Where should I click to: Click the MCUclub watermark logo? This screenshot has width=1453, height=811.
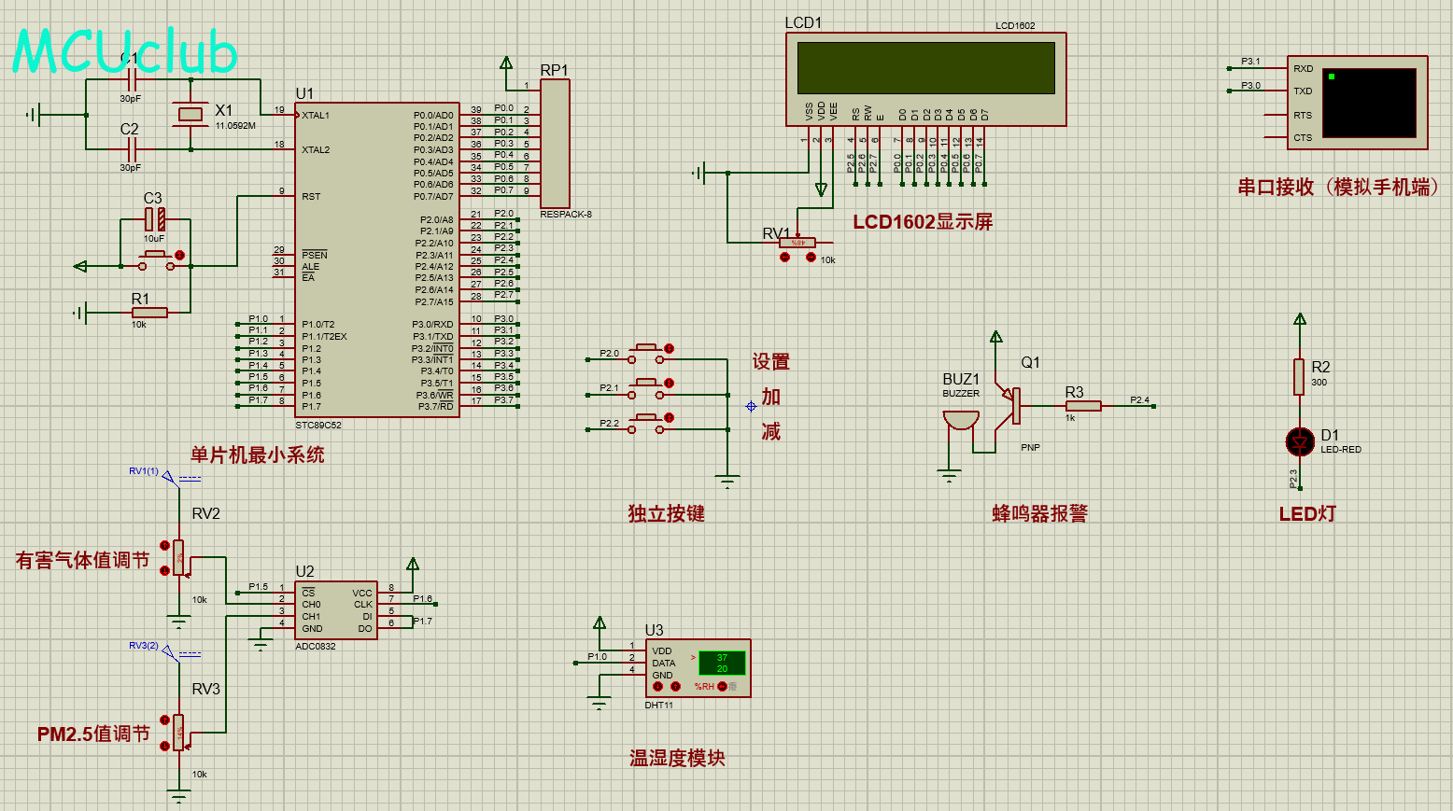click(x=124, y=52)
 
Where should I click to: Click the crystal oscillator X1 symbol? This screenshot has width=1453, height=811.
click(x=190, y=115)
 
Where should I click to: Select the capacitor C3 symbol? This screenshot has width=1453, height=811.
click(x=155, y=220)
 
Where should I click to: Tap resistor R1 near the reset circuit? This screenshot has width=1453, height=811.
click(x=149, y=313)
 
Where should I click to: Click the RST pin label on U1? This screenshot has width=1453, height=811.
click(x=311, y=197)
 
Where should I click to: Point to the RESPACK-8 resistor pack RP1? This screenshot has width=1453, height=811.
click(x=555, y=144)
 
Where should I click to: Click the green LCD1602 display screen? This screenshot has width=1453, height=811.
click(x=925, y=67)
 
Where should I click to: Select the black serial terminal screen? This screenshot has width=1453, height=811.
click(x=1369, y=103)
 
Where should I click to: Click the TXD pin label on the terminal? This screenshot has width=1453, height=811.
click(x=1303, y=91)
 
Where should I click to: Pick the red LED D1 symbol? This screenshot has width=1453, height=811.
click(x=1300, y=441)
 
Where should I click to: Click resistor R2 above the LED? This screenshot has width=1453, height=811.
click(x=1299, y=376)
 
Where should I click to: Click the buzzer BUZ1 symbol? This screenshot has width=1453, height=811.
click(x=960, y=420)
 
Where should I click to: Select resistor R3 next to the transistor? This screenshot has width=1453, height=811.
click(x=1083, y=405)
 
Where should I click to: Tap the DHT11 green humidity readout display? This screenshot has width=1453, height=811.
click(x=722, y=663)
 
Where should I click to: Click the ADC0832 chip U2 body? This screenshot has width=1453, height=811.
click(x=336, y=610)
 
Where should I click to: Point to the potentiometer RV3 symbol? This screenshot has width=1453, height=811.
click(x=178, y=733)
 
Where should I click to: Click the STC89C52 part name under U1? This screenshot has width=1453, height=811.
click(x=318, y=425)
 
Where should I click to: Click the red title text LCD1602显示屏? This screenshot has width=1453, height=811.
click(x=923, y=222)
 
